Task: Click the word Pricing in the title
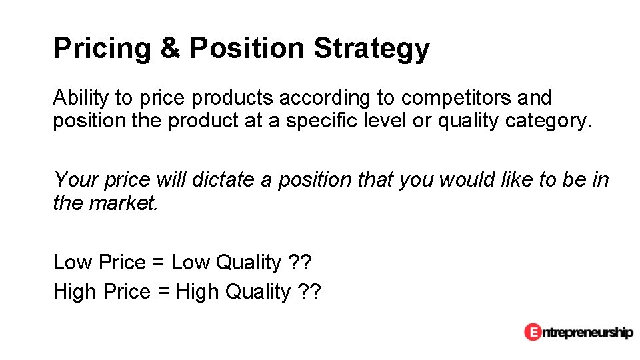[102, 49]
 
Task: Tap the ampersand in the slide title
[170, 49]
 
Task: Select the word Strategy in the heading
[371, 49]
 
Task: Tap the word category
[548, 122]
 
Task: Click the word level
[377, 122]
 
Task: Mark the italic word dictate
[224, 179]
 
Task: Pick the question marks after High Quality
[309, 292]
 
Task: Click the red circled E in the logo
[532, 331]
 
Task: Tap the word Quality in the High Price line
[259, 292]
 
